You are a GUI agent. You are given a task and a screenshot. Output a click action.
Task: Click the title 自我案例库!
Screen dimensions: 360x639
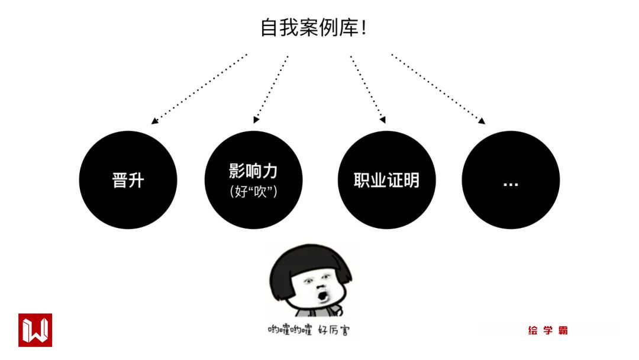point(314,28)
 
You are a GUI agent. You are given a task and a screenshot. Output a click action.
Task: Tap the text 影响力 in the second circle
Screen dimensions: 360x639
point(253,171)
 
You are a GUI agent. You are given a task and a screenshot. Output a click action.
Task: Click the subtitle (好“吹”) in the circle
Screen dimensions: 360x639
point(253,192)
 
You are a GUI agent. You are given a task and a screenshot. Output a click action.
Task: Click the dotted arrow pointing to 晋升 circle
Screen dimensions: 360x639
point(199,89)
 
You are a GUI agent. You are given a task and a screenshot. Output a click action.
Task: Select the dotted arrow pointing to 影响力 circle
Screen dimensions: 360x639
point(271,89)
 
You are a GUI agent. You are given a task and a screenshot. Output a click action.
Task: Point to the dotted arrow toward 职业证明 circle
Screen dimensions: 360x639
point(367,89)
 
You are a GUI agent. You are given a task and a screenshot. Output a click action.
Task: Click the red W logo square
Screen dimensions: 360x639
point(35,330)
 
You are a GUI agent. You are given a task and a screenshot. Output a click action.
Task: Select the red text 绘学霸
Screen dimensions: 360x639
point(548,330)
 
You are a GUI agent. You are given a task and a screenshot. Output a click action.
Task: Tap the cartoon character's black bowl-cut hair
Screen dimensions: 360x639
point(310,261)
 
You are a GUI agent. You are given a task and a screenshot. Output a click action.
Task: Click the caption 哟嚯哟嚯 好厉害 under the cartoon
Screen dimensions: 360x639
point(308,330)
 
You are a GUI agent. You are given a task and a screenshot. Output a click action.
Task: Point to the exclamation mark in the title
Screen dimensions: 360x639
point(363,28)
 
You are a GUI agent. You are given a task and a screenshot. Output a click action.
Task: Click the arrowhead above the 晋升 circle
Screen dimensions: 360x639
point(154,121)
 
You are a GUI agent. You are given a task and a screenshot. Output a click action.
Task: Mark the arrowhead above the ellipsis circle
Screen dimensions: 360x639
point(482,121)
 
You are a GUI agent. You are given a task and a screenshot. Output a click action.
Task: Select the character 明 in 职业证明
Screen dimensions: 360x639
point(411,180)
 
